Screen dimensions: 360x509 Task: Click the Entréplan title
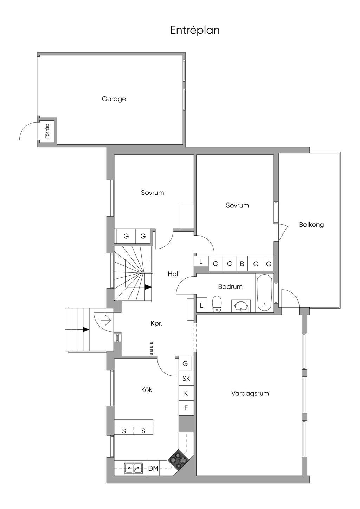point(195,31)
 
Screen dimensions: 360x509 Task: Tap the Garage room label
point(114,99)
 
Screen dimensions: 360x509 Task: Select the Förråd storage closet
point(47,131)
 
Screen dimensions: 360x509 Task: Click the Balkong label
point(311,225)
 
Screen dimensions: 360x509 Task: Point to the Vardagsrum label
point(250,400)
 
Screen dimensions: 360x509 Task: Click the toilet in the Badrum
point(217,304)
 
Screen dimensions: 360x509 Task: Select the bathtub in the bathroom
point(264,293)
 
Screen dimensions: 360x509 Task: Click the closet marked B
point(242,264)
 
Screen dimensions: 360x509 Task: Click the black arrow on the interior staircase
point(148,287)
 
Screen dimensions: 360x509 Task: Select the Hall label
point(174,274)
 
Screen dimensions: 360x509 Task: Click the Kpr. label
point(156,324)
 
